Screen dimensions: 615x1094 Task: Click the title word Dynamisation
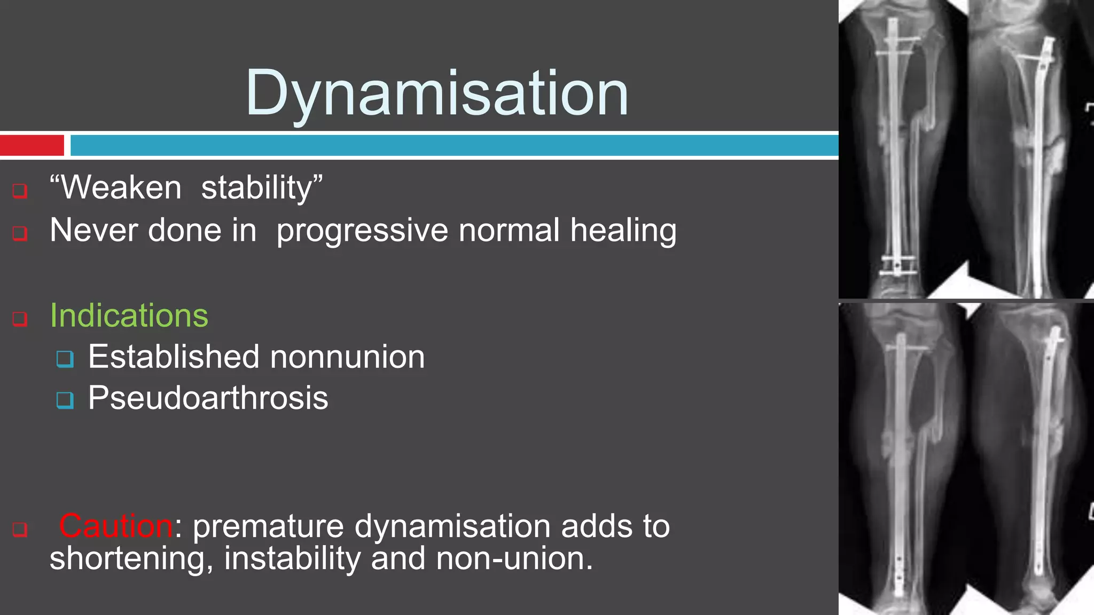click(436, 94)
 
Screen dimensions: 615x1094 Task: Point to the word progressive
click(362, 231)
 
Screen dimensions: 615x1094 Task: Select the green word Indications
click(129, 316)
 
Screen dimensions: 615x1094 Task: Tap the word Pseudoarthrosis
click(208, 398)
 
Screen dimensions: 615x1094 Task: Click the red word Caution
click(116, 526)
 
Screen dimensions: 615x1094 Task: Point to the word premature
click(268, 527)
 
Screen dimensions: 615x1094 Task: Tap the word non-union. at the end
click(514, 559)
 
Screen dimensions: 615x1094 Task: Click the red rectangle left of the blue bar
click(32, 145)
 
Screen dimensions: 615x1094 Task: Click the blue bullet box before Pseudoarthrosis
click(65, 400)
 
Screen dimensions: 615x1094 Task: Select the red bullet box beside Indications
click(20, 319)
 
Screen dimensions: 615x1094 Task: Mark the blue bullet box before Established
click(65, 359)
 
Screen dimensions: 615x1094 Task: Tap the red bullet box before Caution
click(20, 529)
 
